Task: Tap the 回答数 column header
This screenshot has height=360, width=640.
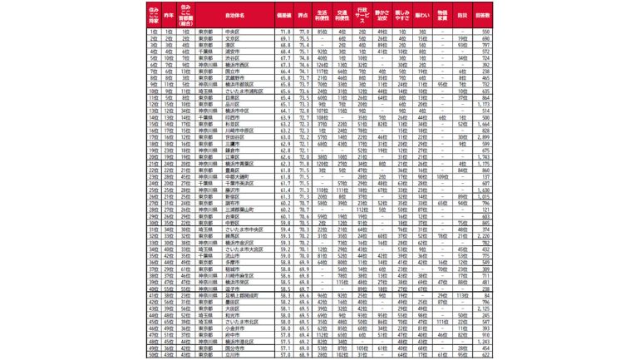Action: [x=476, y=15]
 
